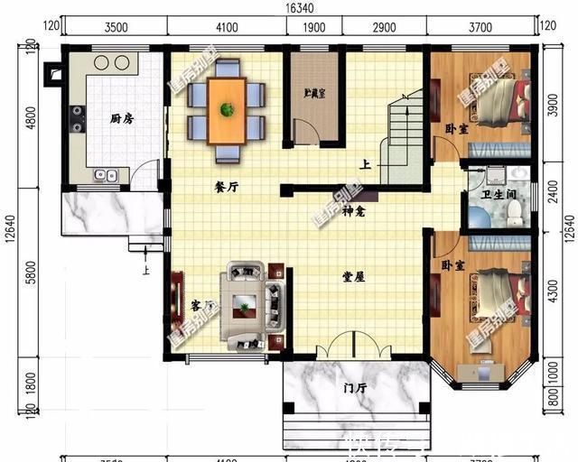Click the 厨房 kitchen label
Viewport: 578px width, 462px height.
click(x=122, y=118)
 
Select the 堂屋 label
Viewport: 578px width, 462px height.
click(x=353, y=277)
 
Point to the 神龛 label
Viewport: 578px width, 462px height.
click(x=353, y=211)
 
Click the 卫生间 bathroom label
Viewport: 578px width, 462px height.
click(x=499, y=195)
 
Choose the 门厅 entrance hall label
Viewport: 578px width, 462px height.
click(x=355, y=389)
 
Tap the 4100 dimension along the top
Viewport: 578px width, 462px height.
click(x=226, y=27)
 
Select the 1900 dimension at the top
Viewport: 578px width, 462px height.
click(x=314, y=27)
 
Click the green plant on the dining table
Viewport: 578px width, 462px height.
click(x=227, y=109)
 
